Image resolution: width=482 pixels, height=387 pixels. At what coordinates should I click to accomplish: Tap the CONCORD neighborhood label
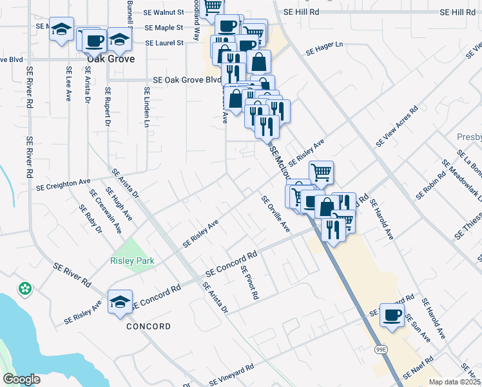coord(148,326)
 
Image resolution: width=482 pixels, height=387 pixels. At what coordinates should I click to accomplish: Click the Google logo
coord(21,379)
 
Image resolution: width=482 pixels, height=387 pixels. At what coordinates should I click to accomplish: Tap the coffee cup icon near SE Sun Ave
coord(392,315)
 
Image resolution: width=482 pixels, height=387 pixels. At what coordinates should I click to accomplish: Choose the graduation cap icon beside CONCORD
coord(120,302)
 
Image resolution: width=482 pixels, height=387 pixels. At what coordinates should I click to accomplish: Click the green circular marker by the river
coord(26,289)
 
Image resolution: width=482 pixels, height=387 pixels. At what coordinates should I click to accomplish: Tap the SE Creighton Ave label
coord(63,185)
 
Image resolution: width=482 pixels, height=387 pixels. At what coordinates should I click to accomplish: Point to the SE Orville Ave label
coord(276,214)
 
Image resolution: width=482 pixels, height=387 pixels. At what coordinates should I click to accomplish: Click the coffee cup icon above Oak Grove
coord(93,40)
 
